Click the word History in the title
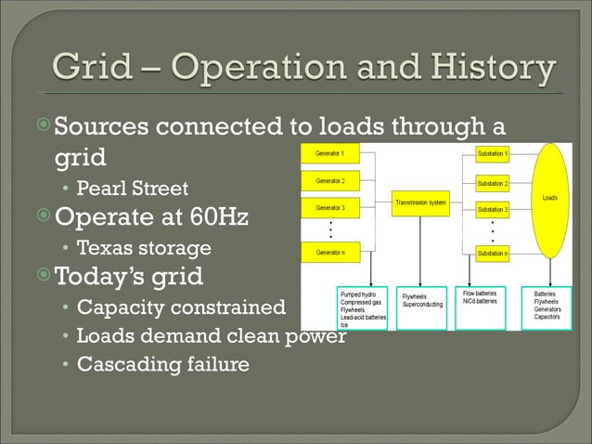click(493, 68)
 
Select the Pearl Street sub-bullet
click(132, 189)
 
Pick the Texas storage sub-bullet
click(143, 248)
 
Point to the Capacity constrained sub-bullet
click(181, 307)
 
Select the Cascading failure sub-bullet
click(162, 364)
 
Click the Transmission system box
click(423, 202)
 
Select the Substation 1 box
click(492, 152)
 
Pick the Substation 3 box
click(492, 210)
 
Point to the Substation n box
click(492, 253)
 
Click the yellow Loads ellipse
click(549, 201)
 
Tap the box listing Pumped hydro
click(363, 308)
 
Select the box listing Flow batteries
click(480, 308)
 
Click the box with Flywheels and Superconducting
click(421, 308)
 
